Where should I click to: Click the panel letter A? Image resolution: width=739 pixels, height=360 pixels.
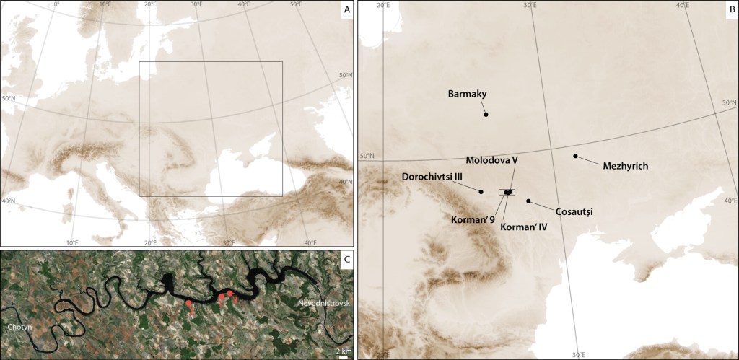pyautogui.click(x=347, y=10)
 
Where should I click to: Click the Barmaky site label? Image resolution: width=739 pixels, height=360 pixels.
pyautogui.click(x=468, y=94)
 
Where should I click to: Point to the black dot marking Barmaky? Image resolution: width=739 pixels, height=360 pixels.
pyautogui.click(x=486, y=114)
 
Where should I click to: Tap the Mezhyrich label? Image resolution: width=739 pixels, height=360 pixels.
pyautogui.click(x=625, y=166)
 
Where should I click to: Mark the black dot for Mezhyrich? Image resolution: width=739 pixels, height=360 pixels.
pyautogui.click(x=575, y=156)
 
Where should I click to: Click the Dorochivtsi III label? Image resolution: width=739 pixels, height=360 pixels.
pyautogui.click(x=432, y=177)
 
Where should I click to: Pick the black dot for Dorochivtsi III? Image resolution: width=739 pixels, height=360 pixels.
pyautogui.click(x=481, y=190)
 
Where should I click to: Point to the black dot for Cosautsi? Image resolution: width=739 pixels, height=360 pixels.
pyautogui.click(x=528, y=201)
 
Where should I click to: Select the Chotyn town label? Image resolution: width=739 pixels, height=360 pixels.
pyautogui.click(x=18, y=328)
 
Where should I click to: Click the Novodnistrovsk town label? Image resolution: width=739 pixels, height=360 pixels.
pyautogui.click(x=323, y=303)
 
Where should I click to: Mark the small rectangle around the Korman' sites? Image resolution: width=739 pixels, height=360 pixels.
pyautogui.click(x=507, y=192)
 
